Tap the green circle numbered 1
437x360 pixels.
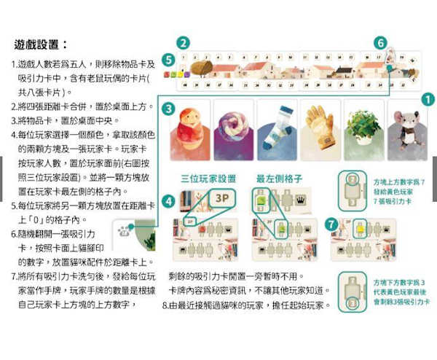tap(428, 100)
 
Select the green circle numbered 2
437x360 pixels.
tap(183, 42)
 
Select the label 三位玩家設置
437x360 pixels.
tap(208, 178)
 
